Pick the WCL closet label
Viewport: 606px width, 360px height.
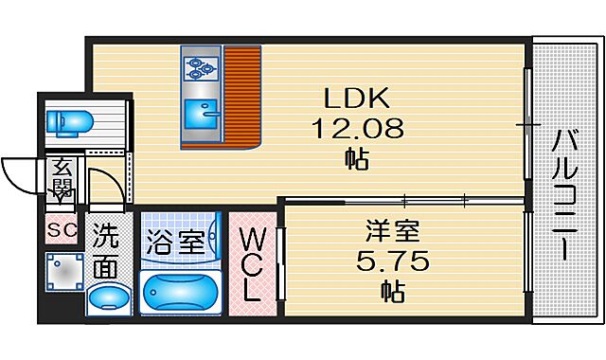(x=252, y=263)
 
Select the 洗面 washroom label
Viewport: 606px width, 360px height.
(x=106, y=250)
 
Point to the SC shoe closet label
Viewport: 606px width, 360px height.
(x=62, y=229)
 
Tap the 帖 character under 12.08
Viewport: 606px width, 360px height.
(x=358, y=158)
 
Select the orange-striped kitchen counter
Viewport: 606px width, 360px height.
(x=241, y=95)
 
